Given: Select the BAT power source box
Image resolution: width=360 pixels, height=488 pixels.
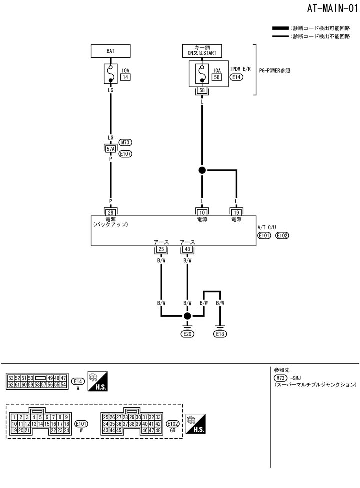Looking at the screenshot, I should pos(110,51).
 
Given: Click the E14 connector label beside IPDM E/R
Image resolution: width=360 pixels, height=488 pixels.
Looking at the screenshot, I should pos(236,77).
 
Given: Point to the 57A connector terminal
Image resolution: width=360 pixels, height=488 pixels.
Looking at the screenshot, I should pos(110,148).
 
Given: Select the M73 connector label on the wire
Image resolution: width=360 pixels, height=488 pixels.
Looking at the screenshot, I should pos(125,142).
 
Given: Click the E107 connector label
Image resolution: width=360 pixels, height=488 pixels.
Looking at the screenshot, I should pos(125,154).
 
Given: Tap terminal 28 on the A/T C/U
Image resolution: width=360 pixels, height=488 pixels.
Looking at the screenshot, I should pos(110,212).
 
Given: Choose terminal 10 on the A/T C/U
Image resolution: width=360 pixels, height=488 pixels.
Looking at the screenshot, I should pos(202,212).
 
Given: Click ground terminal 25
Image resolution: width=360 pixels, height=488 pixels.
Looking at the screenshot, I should pos(161,249).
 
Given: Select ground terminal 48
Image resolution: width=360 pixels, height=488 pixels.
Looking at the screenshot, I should pos(187,249).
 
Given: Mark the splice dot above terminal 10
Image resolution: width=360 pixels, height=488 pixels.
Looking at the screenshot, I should pos(202,170).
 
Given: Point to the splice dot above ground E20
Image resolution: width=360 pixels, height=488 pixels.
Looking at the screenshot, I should pos(187,316).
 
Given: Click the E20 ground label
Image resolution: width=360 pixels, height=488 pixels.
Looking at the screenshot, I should pos(187,333).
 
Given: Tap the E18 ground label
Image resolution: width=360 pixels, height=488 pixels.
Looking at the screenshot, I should pos(220,333).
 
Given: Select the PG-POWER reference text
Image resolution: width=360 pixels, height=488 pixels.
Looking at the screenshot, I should pos(276,71).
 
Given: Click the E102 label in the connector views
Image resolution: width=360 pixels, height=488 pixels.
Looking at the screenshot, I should pos(173,423).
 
